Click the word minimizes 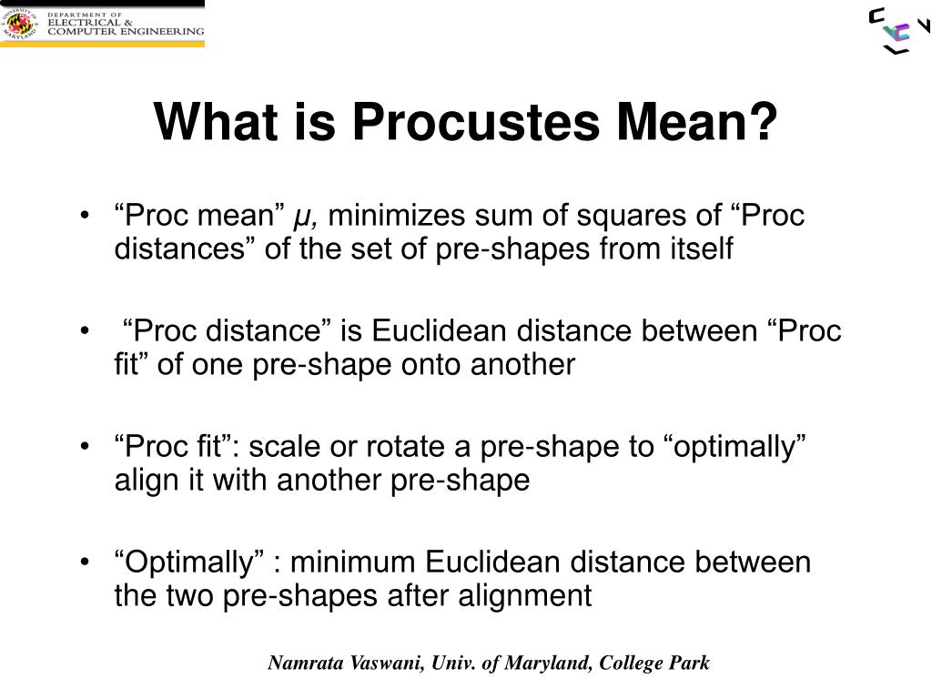(396, 215)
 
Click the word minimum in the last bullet (352, 562)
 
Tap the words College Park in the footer (654, 664)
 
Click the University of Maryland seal (20, 24)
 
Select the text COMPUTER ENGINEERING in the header (126, 32)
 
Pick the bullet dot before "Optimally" (85, 561)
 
